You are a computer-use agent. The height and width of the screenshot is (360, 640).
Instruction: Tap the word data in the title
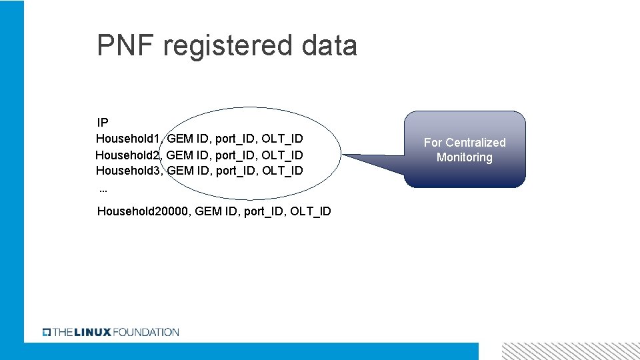point(329,45)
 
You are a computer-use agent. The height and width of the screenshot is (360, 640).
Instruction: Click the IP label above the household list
point(103,123)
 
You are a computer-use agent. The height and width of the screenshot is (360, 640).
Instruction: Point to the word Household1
point(127,139)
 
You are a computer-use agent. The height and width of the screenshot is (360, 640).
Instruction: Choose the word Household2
point(127,155)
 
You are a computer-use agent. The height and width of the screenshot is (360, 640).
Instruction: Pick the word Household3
point(127,171)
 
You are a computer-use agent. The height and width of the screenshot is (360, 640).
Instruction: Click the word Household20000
point(143,211)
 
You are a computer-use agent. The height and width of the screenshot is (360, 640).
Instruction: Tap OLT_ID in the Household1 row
point(282,139)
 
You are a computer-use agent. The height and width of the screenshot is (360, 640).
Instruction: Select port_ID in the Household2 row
point(235,155)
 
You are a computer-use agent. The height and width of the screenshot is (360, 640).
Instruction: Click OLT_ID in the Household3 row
point(282,171)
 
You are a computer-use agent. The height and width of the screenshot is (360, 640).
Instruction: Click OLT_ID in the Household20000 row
point(311,211)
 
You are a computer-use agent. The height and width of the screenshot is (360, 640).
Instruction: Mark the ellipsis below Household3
point(103,190)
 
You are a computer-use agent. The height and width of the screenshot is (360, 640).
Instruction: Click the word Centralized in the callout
point(475,143)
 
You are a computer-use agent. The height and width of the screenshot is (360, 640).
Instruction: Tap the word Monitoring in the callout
point(465,157)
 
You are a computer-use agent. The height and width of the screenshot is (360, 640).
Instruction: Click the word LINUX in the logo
point(93,332)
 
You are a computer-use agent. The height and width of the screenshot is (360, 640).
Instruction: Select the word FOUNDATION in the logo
point(146,332)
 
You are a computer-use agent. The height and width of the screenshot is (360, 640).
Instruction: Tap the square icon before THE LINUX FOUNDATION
point(47,332)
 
